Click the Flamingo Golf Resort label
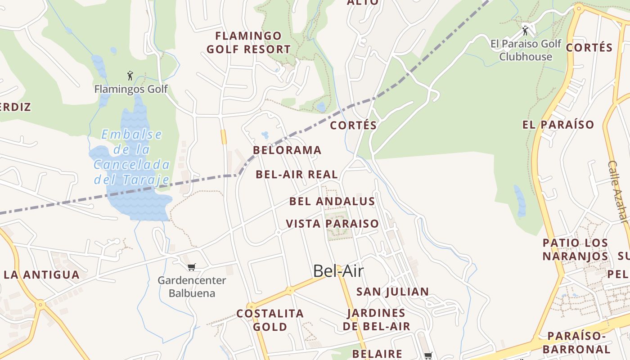[x=248, y=42]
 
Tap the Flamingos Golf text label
[x=131, y=89]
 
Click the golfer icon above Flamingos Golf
[x=130, y=75]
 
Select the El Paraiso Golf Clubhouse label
[x=526, y=50]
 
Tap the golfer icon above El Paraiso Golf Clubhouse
[x=525, y=31]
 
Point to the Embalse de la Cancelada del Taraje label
[x=131, y=157]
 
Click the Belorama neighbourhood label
[x=287, y=150]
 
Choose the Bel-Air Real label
[x=297, y=175]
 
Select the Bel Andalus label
[x=332, y=201]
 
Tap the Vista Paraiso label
[x=332, y=224]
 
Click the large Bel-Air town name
[x=338, y=271]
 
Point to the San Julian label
[x=392, y=292]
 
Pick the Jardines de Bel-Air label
[x=376, y=319]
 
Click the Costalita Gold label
[x=270, y=320]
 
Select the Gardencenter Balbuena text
[x=192, y=287]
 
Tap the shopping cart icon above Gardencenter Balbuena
[x=192, y=267]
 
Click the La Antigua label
[x=41, y=274]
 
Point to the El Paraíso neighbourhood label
[x=558, y=125]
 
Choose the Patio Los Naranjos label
[x=575, y=249]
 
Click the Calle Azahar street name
[x=618, y=192]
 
